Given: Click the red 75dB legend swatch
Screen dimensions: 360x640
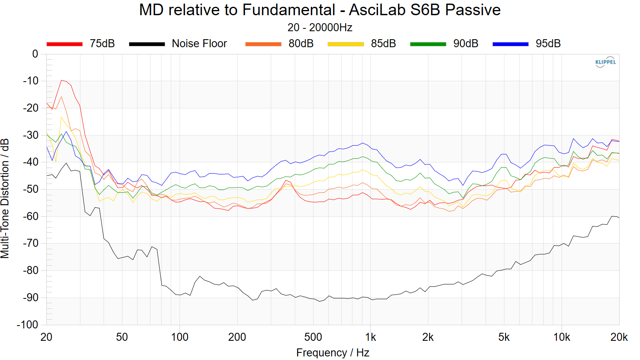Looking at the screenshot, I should point(64,44).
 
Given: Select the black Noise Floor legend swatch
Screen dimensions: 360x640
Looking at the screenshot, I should point(147,44).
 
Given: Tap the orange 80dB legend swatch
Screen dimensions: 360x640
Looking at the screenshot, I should point(263,44).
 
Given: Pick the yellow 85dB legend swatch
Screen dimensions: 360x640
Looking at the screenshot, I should point(346,44).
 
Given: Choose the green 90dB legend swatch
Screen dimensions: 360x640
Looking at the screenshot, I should point(428,44).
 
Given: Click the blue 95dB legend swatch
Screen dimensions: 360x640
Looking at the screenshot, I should point(510,44).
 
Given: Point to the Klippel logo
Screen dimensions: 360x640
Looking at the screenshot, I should point(605,62).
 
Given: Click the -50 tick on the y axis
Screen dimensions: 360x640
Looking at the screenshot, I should point(30,189).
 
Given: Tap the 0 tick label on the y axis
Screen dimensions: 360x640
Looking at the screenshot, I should point(35,54).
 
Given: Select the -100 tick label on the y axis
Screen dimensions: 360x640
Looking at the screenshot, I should point(28,324).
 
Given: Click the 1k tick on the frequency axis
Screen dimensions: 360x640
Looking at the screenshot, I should point(370,337).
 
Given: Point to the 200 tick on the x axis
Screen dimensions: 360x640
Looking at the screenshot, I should point(237,337).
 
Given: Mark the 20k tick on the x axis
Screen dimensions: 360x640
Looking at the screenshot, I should point(619,337).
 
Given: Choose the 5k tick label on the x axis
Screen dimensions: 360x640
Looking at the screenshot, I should point(504,337).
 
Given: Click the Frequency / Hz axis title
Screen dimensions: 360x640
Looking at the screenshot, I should point(332,353).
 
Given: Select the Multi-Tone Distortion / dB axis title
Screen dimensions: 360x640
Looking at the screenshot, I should point(5,198).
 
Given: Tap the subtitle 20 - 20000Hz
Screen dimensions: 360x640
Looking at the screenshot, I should point(320,28).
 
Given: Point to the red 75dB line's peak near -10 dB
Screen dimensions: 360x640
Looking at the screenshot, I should point(62,80).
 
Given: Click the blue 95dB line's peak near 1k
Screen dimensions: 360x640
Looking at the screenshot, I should point(362,143).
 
